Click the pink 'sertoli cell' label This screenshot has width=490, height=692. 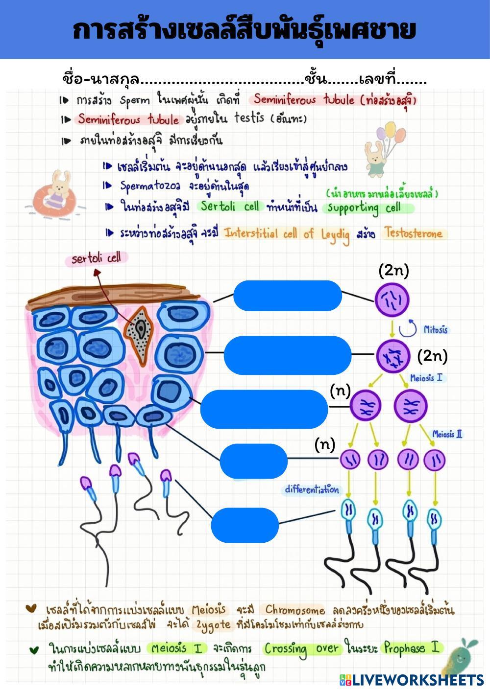click(96, 258)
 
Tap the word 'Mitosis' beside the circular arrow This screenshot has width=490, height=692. click(436, 329)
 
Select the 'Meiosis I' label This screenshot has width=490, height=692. click(426, 378)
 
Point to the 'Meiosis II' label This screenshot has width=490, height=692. click(447, 434)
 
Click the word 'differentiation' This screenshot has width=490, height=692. click(312, 489)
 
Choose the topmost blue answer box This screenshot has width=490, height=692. click(287, 295)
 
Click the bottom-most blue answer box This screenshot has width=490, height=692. click(245, 525)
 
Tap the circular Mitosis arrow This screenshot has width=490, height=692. click(407, 328)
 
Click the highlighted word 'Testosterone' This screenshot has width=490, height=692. click(413, 233)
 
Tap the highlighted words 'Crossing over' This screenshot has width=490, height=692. click(301, 649)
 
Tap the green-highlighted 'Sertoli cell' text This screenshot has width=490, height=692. click(230, 207)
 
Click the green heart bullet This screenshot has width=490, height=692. click(33, 650)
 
